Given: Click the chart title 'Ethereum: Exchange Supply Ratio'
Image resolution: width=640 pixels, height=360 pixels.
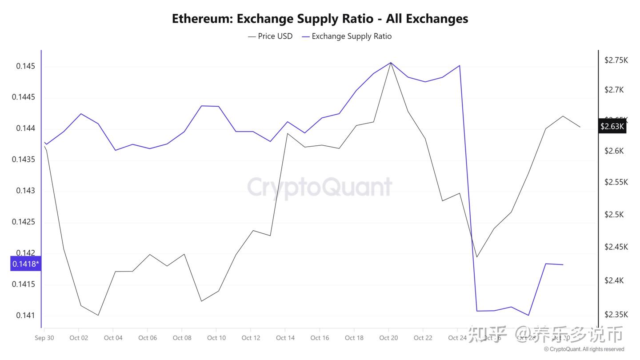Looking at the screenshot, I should [x=320, y=19].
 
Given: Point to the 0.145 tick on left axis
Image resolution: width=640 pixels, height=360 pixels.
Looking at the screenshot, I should [x=25, y=66].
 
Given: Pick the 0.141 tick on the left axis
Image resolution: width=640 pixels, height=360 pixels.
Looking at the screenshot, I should [x=25, y=316].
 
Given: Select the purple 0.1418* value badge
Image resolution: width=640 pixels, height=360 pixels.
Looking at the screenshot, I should [x=25, y=264].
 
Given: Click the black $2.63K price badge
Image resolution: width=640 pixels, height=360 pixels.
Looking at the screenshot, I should [x=612, y=127].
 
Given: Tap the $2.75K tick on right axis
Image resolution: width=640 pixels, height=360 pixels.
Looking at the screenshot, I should [x=616, y=60].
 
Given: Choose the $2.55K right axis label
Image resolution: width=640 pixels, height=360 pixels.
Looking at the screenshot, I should [x=616, y=182].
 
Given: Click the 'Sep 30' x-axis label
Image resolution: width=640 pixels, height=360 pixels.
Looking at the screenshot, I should [x=44, y=338].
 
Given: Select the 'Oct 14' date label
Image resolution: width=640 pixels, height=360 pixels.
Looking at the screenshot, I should [x=285, y=338].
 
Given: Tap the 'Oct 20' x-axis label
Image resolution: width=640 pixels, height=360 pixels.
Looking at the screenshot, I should [x=388, y=338].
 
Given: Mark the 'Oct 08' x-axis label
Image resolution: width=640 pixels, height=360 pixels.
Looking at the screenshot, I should [x=182, y=338].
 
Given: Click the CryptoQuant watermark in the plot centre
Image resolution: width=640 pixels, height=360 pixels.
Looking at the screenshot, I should [x=320, y=187].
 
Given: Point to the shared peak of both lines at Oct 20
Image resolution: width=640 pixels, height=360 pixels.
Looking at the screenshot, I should [x=390, y=63].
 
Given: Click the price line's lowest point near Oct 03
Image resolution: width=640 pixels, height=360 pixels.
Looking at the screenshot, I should [x=98, y=315].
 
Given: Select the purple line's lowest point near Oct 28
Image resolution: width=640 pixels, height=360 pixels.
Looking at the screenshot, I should [x=528, y=315].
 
